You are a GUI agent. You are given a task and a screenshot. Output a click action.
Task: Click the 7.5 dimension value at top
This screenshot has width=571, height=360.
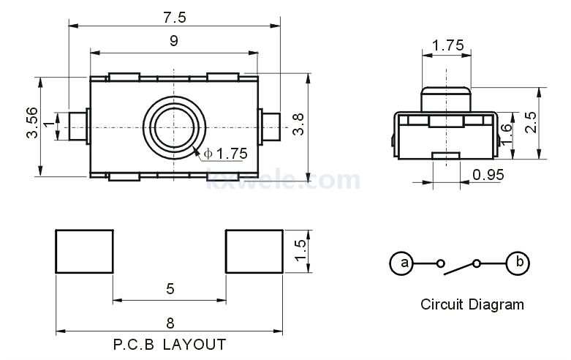coord(175,18)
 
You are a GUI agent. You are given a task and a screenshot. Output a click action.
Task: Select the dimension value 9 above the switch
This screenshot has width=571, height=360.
coord(174,41)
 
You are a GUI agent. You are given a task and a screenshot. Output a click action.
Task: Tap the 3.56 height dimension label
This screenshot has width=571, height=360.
coord(32,122)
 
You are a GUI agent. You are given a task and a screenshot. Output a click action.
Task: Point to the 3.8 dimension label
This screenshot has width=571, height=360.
coord(298,124)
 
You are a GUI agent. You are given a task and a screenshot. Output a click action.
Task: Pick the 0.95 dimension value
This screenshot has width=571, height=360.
coord(488,175)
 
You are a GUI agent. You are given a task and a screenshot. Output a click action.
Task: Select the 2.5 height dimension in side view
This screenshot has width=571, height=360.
coord(531,122)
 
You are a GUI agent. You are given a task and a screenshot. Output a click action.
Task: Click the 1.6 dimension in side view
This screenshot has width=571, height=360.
coord(506,135)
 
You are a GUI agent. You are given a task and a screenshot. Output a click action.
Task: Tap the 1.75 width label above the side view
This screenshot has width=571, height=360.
coord(448,45)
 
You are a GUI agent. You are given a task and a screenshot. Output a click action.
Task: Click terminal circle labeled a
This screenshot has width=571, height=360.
coord(401,263)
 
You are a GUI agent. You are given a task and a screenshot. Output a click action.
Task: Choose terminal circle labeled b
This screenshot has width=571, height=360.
coord(518,263)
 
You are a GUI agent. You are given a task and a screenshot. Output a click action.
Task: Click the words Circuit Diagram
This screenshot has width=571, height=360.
coord(472,304)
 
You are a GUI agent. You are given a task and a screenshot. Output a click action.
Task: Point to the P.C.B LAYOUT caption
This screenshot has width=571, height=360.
coord(170,345)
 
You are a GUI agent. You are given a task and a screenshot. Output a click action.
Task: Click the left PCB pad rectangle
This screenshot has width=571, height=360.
coord(85,252)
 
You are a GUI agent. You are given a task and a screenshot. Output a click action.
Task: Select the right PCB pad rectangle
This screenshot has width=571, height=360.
coord(254,252)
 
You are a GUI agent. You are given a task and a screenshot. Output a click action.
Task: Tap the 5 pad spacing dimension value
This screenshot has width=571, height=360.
coord(170,289)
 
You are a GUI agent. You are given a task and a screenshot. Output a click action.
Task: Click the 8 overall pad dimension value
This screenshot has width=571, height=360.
coord(170,323)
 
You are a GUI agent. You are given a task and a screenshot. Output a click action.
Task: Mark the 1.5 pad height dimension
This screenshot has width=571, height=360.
coord(300,250)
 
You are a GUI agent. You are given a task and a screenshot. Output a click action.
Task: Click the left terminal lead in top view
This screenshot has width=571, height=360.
coord(78,127)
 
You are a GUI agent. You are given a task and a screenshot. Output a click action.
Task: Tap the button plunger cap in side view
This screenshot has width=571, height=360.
coord(446,99)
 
